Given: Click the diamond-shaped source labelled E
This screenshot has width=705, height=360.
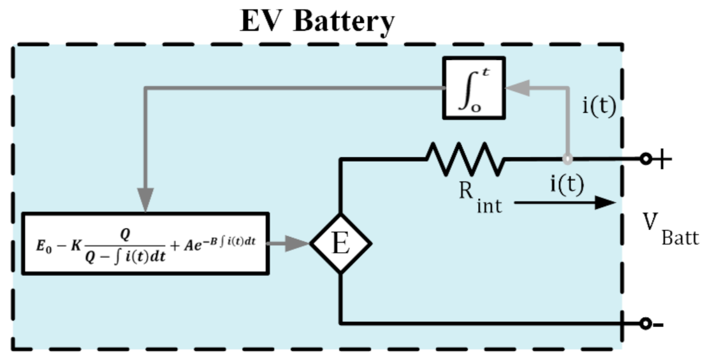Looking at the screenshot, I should (x=341, y=243).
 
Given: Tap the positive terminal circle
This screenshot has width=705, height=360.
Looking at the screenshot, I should (x=645, y=159).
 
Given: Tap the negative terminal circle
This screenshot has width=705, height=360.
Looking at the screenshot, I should (x=645, y=324).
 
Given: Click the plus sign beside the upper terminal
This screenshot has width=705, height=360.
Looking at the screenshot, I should (x=662, y=159).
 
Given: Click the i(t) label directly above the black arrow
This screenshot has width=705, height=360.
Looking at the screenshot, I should (x=566, y=184).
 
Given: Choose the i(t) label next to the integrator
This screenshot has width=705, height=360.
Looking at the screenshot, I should (x=599, y=106).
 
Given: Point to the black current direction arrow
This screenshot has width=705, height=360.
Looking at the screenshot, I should (x=563, y=203).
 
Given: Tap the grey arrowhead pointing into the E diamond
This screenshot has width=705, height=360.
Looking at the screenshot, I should (x=300, y=243).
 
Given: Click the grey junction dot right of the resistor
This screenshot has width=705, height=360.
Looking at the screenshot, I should (x=565, y=159).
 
